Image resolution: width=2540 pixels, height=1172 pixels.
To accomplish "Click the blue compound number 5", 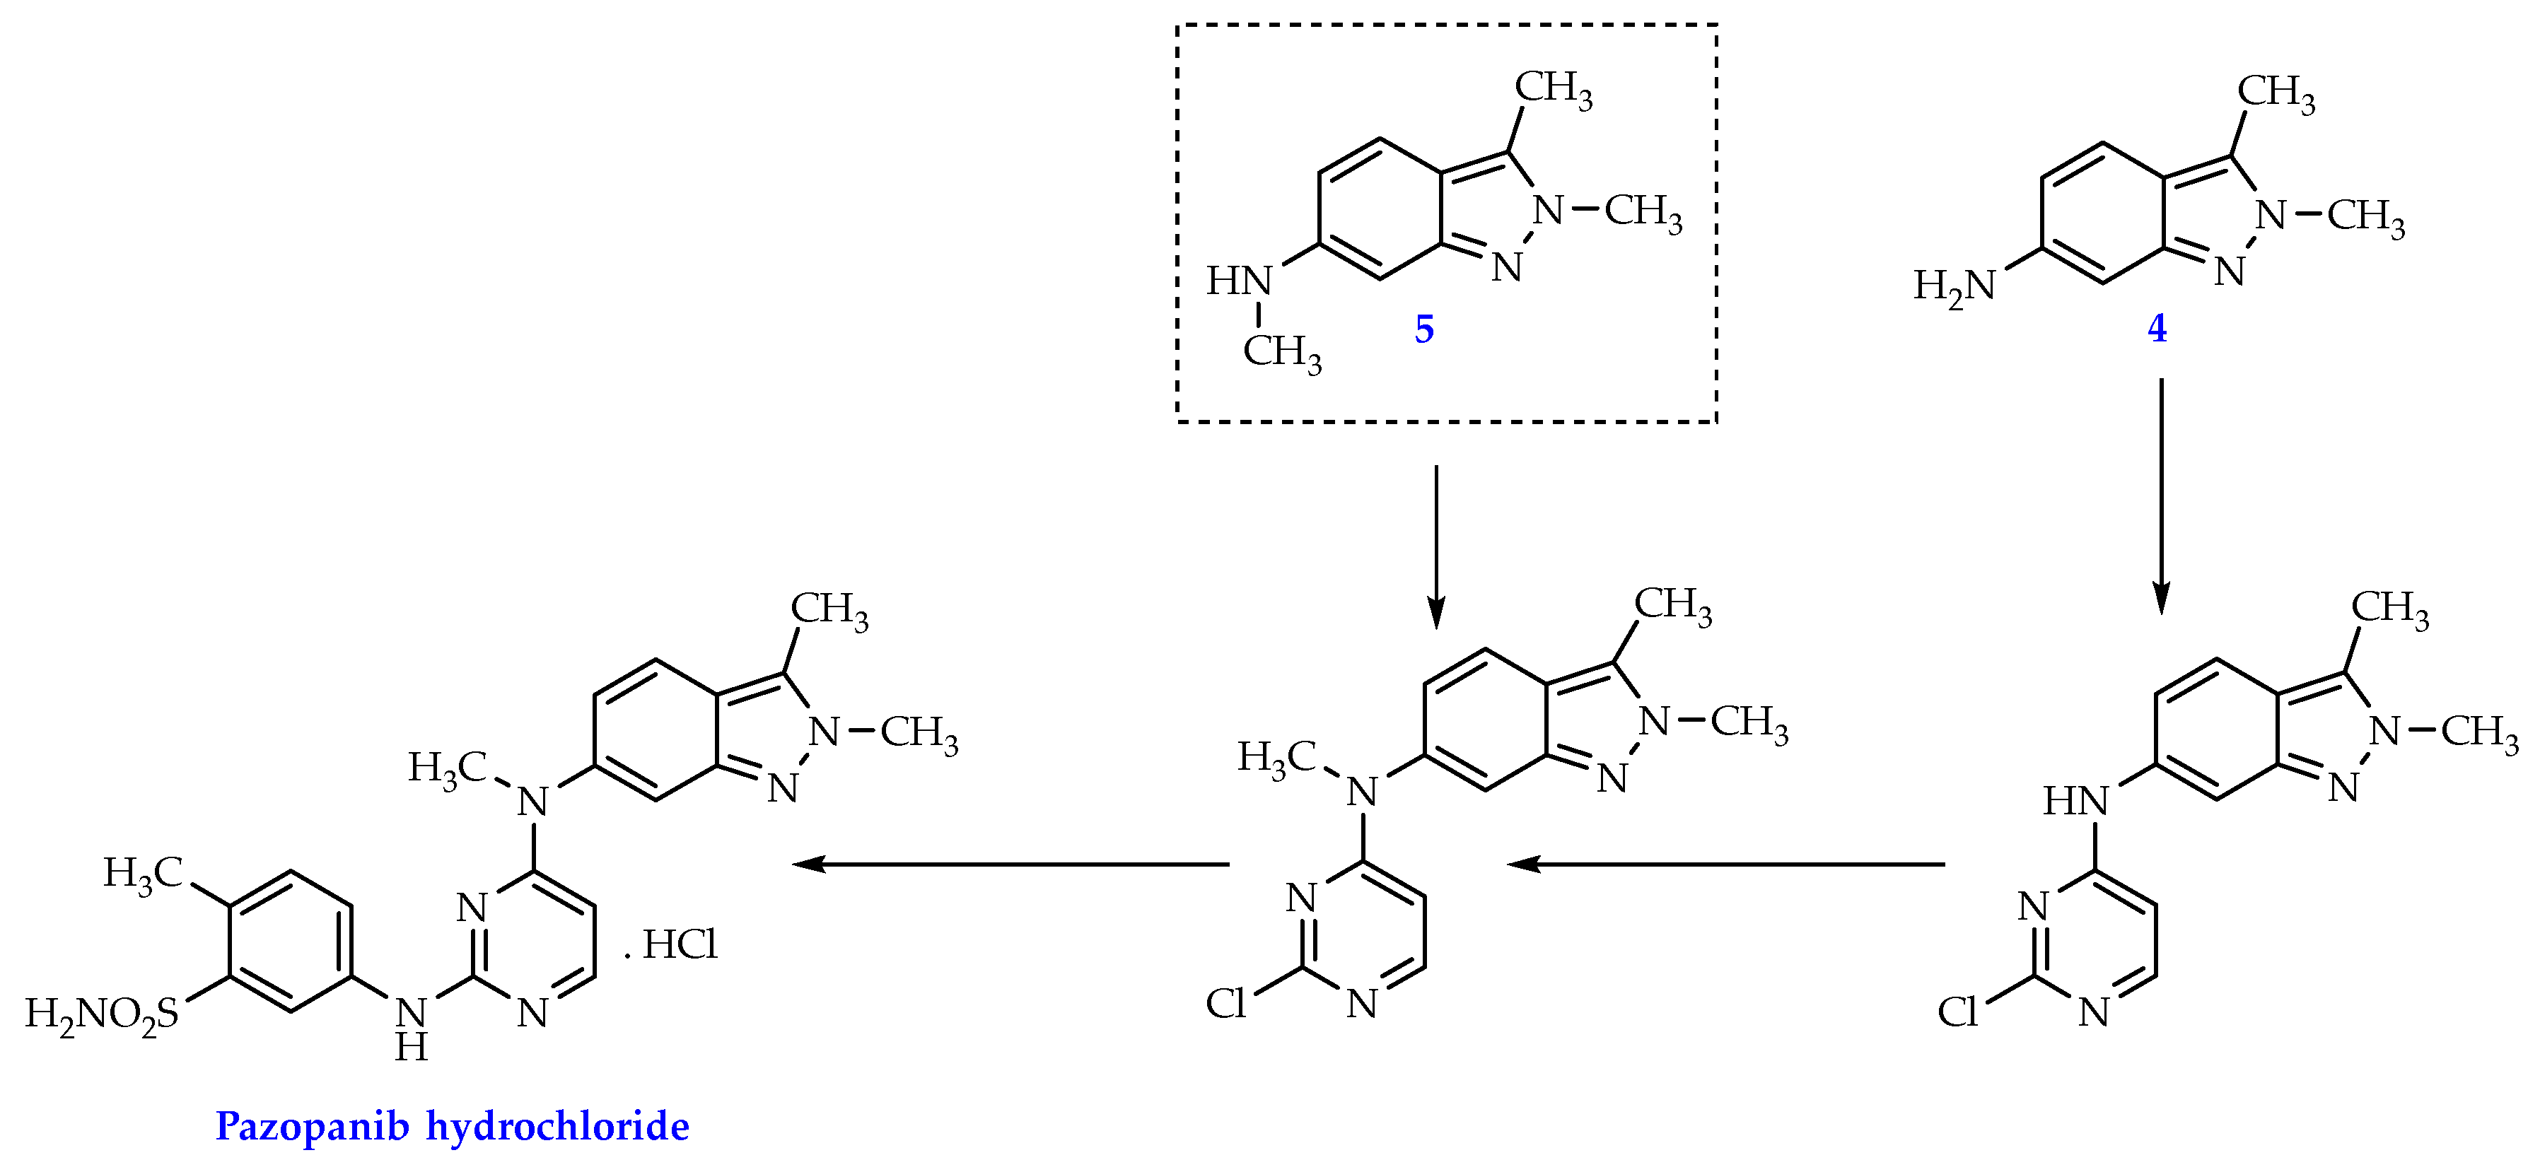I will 1424,329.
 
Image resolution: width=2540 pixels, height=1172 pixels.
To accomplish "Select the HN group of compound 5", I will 1238,282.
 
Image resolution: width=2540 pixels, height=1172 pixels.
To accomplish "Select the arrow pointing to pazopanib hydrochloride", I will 1010,865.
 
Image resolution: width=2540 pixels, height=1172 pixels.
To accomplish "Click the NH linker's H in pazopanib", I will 411,1048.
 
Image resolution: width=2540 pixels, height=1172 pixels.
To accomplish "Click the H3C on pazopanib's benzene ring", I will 143,873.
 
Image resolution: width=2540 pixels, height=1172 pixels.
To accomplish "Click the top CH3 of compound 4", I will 2276,92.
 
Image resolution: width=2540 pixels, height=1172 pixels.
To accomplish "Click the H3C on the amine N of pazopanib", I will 448,768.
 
